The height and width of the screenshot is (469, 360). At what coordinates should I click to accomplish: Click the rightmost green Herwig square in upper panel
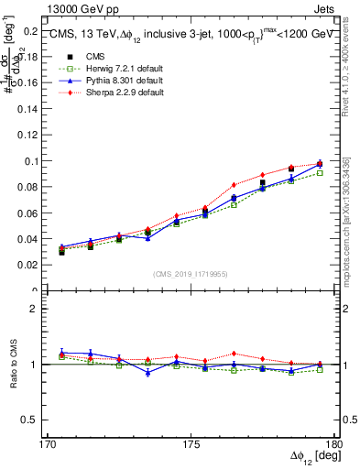tap(320, 172)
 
